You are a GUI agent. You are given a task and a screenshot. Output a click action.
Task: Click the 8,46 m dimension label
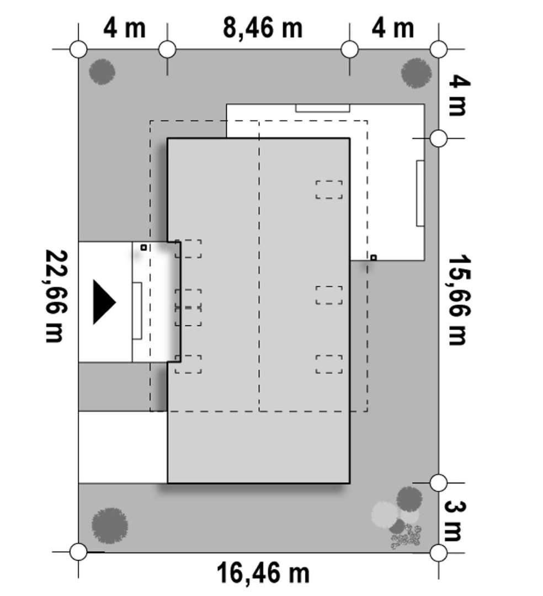pos(263,28)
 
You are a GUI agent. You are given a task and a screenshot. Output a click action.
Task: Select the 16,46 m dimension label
pos(263,573)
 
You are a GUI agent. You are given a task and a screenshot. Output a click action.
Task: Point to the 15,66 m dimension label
pos(460,300)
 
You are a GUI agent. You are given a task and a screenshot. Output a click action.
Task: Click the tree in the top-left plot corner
pos(102,72)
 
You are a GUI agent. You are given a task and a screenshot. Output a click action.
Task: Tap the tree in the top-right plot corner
pos(417,73)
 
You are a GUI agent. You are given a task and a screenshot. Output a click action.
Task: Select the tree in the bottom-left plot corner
pos(109,526)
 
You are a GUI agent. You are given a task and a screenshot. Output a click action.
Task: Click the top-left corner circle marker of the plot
pos(79,50)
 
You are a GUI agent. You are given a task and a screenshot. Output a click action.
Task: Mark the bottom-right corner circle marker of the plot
pos(439,552)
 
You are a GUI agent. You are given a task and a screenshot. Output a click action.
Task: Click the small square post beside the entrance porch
pos(143,247)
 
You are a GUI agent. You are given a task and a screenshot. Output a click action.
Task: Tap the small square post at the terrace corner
pos(374,258)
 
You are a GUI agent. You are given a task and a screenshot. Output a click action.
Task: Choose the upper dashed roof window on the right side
pos(329,190)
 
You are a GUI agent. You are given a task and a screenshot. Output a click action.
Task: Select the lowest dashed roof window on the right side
pos(329,364)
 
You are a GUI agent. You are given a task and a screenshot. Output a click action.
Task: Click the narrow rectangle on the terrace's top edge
pos(323,108)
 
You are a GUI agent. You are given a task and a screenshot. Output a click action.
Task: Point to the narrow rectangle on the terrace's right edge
pos(420,194)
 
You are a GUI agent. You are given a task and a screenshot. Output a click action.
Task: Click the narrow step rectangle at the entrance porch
pos(137,311)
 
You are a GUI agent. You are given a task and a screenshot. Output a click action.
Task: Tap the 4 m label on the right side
pos(460,95)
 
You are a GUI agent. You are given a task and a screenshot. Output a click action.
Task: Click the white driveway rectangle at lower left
pos(123,447)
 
